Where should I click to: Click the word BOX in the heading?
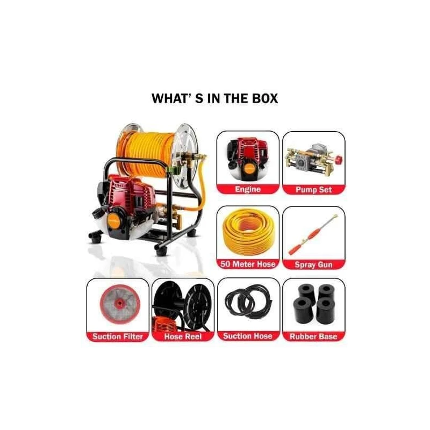tap(264, 98)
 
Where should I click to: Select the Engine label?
tap(248, 189)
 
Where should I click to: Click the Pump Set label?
tap(314, 190)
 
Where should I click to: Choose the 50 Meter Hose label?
tap(248, 264)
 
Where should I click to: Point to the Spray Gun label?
tap(313, 264)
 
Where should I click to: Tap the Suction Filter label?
tap(118, 336)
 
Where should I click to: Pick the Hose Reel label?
tap(183, 336)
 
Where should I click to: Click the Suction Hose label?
tap(248, 336)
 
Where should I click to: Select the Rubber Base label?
tap(313, 336)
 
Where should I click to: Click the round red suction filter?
tap(120, 304)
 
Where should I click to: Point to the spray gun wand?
tap(313, 235)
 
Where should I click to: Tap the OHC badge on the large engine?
tap(119, 185)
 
